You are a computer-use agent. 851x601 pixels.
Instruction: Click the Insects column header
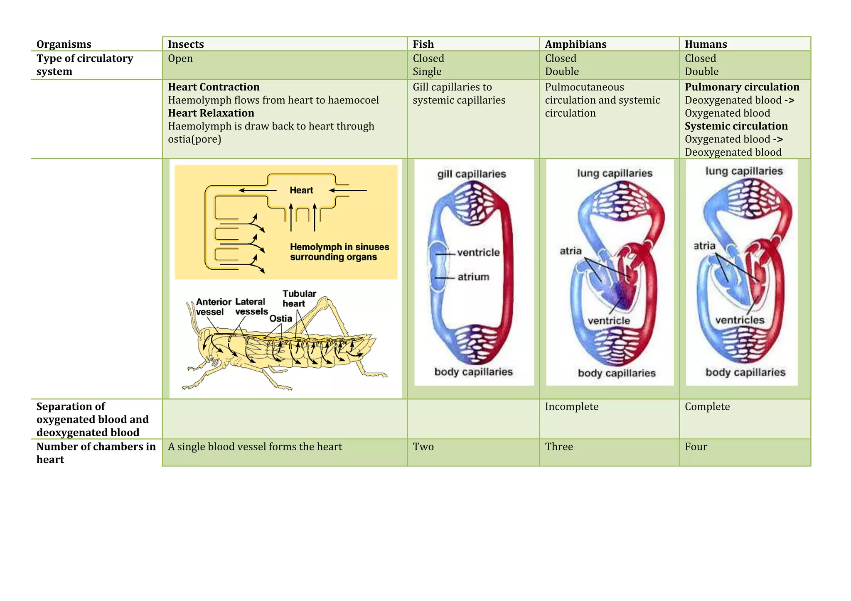click(x=186, y=44)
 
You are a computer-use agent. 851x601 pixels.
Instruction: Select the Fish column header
click(x=423, y=44)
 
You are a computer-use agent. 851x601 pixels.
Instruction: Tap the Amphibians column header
click(x=576, y=44)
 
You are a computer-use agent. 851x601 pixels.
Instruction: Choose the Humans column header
click(x=706, y=44)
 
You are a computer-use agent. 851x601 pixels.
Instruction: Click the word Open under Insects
click(x=180, y=59)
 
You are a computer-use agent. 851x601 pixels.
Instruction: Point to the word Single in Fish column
click(x=427, y=71)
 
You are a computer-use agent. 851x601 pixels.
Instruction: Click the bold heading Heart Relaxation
click(x=211, y=113)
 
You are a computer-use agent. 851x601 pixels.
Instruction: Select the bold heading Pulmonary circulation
click(x=742, y=87)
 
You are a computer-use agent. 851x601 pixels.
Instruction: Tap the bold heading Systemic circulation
click(x=736, y=126)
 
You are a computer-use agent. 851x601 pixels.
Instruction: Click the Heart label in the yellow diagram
click(x=301, y=191)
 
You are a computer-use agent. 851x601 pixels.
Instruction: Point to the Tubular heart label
click(x=299, y=299)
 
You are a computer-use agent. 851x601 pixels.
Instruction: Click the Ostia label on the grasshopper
click(x=280, y=318)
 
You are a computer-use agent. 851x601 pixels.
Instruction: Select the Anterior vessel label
click(x=213, y=307)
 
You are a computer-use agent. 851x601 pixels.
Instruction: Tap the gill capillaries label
click(x=472, y=174)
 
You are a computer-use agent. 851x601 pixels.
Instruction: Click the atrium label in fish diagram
click(x=473, y=277)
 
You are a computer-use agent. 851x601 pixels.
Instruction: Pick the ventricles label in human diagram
click(x=740, y=320)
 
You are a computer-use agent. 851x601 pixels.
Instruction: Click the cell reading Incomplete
click(x=571, y=407)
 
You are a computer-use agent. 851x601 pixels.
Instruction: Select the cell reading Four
click(x=696, y=447)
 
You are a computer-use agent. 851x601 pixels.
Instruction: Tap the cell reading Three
click(x=559, y=447)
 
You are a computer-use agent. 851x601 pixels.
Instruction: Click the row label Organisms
click(x=64, y=44)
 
